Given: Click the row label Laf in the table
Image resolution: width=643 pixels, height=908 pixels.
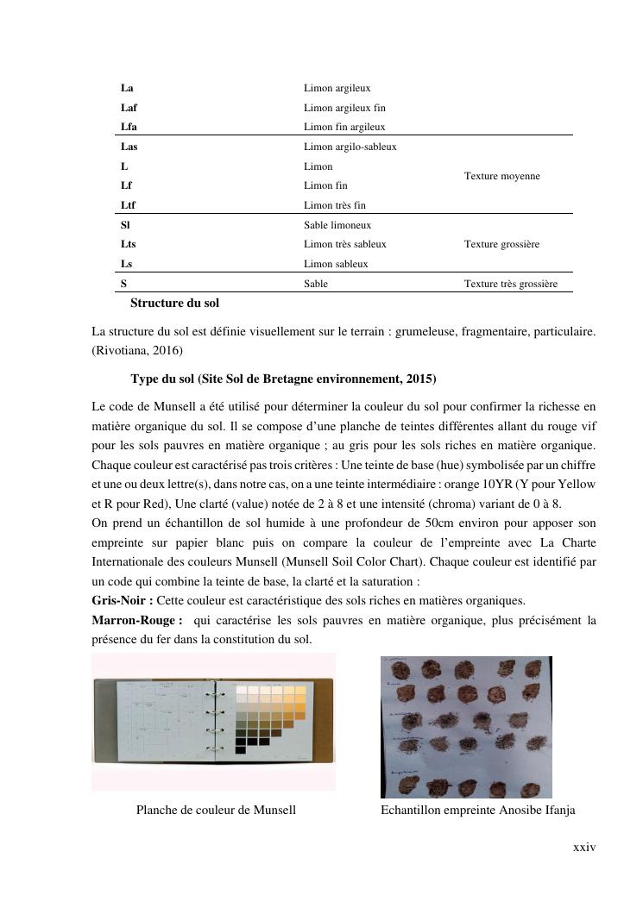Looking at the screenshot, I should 129,108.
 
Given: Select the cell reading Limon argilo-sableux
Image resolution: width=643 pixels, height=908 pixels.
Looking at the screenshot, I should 350,147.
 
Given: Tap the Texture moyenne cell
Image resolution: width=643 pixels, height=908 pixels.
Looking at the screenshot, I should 501,176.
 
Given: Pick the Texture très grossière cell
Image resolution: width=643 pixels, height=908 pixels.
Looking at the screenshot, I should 510,284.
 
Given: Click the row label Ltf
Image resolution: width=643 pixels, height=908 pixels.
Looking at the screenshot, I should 128,205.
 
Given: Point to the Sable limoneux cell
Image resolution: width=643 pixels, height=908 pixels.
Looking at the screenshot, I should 337,225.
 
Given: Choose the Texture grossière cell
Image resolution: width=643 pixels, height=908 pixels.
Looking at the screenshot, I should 501,244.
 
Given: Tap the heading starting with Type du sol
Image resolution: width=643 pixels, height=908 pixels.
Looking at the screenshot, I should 283,379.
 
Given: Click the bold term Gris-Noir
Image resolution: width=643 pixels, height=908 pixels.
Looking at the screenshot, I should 122,601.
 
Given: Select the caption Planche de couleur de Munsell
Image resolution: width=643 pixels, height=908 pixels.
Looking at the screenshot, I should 216,810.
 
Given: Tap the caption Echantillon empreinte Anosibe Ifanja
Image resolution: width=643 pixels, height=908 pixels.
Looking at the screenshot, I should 477,810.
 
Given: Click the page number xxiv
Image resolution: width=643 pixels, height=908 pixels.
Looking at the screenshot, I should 584,848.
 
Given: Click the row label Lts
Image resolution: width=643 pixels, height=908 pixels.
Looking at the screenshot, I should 129,244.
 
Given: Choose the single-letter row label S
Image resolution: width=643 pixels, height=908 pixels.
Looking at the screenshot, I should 124,284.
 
